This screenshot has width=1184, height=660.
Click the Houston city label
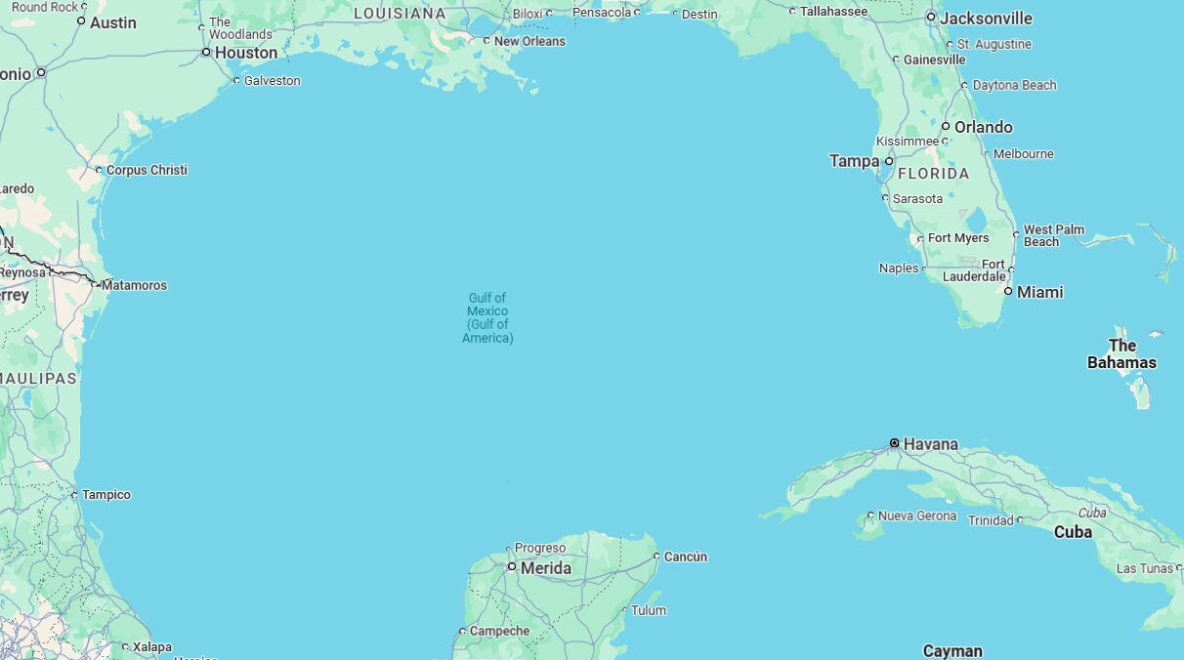point(245,53)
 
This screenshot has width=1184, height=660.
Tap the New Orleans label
point(529,41)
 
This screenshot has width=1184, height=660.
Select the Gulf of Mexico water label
point(487,317)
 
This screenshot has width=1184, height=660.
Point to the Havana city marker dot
point(894,443)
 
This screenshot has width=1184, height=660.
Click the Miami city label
point(1039,292)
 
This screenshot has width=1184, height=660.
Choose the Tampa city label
point(854,161)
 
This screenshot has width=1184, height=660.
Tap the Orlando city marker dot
point(946,127)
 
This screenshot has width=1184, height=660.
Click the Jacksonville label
point(986,19)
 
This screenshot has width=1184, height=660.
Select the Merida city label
point(545,568)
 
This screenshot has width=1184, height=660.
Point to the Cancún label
point(685,557)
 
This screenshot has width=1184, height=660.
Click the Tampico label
point(106,495)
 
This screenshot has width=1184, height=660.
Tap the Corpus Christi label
point(147,170)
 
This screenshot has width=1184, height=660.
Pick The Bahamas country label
point(1121,353)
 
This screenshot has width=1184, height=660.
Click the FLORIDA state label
point(933,174)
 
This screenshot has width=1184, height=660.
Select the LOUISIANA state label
point(400,14)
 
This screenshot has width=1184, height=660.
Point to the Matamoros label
point(134,285)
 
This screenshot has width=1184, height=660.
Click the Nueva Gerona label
point(916,516)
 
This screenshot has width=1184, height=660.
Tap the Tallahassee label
point(833,11)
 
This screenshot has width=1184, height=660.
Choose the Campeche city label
point(499,631)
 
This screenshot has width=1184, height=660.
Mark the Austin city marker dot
point(81,21)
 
